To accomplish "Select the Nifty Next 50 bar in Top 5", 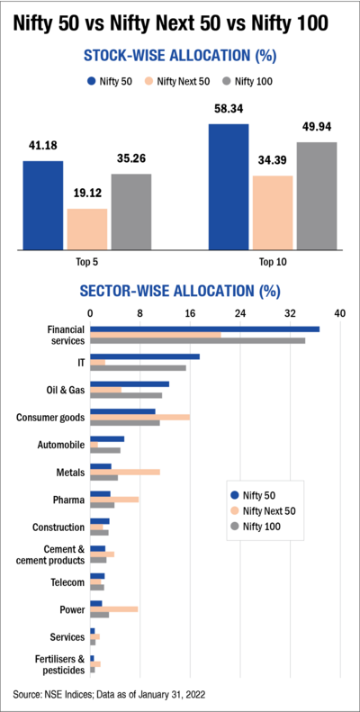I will coord(87,230).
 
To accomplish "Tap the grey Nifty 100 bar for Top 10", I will coord(317,196).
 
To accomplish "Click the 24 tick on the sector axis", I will coord(240,313).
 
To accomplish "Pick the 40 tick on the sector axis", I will coord(339,313).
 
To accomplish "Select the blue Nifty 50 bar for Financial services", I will coord(204,329).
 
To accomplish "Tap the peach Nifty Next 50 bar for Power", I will coord(113,609).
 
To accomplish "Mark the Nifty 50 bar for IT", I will coord(144,356).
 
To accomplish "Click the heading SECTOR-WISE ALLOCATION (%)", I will coord(180,292).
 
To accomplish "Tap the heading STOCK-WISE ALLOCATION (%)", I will coord(180,56).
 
